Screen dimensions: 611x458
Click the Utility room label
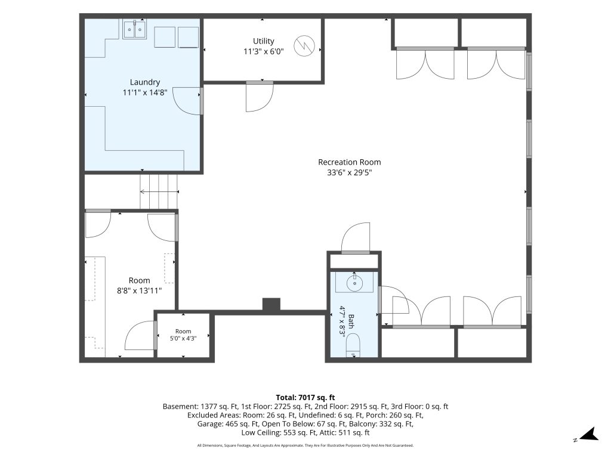263,41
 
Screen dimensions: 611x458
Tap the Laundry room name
145,82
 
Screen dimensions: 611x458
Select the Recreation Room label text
350,162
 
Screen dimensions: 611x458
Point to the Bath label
351,321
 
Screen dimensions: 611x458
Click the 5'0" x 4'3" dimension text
183,339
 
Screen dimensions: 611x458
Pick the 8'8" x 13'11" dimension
140,290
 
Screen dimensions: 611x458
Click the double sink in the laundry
134,30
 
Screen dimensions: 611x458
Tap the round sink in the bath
354,283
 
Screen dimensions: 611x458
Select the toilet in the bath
354,345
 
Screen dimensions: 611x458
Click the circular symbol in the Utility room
304,46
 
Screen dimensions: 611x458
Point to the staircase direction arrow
159,191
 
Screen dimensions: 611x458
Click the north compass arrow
589,434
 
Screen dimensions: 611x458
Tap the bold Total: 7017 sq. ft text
305,398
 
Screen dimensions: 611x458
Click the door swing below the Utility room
260,97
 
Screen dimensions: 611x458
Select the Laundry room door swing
187,101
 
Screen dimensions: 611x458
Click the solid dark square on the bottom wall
271,305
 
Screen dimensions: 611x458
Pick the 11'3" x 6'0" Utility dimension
263,51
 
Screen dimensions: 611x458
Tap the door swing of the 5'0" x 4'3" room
140,335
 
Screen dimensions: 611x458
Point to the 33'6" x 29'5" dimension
350,172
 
